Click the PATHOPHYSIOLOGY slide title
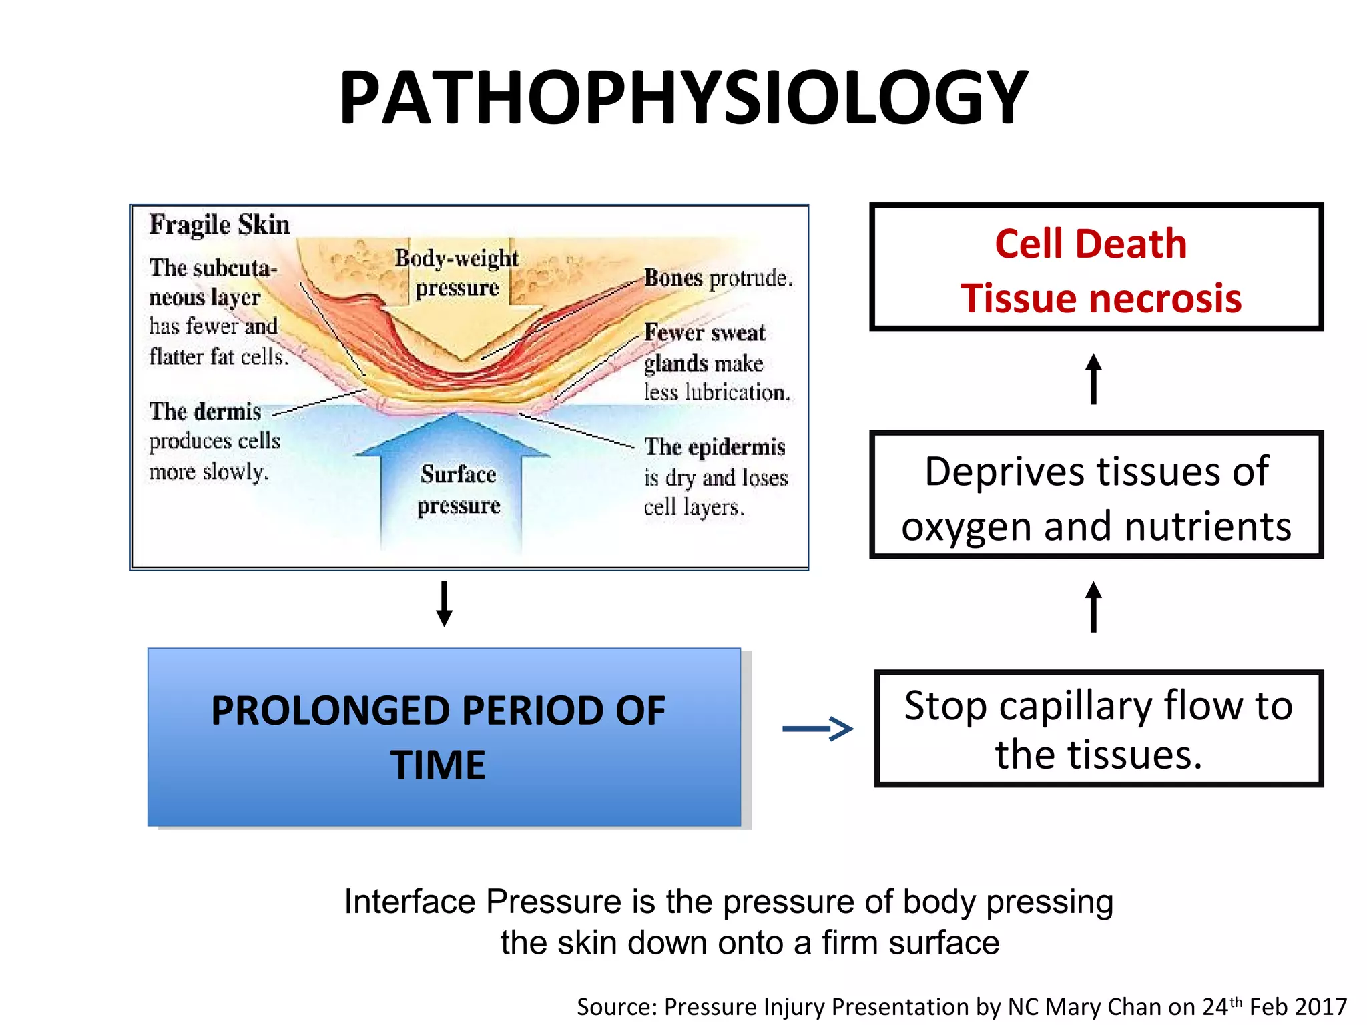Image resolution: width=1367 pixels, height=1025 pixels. [683, 99]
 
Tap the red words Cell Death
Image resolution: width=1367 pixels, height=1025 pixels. [1091, 244]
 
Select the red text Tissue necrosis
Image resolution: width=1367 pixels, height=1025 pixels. [1101, 298]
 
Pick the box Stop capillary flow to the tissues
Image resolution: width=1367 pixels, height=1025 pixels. [1098, 729]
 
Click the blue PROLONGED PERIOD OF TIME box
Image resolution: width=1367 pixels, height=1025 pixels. [444, 737]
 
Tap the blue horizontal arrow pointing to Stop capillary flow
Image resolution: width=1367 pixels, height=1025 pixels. [818, 728]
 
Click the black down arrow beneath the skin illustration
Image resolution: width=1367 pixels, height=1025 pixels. [445, 603]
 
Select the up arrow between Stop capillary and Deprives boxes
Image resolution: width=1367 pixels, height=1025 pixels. [1093, 607]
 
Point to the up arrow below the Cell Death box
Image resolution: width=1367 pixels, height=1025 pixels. [1093, 379]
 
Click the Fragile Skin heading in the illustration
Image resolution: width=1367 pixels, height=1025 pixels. [219, 224]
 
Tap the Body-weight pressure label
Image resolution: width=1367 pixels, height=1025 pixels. [457, 272]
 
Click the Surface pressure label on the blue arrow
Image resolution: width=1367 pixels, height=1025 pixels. [459, 490]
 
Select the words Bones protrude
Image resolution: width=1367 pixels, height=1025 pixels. [718, 278]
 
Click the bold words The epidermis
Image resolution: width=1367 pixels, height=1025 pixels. [714, 447]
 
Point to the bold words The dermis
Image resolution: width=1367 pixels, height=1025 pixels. [205, 412]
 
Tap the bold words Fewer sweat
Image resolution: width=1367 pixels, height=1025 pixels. [704, 332]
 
